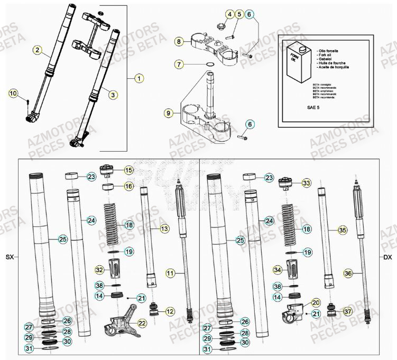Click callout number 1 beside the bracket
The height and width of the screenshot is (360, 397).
139,79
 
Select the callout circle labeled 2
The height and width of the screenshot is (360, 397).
37,51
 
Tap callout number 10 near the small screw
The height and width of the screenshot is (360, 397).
13,94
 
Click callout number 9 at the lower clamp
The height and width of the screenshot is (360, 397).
169,113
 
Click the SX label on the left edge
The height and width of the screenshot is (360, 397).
10,257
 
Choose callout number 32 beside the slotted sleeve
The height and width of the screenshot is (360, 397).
99,270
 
